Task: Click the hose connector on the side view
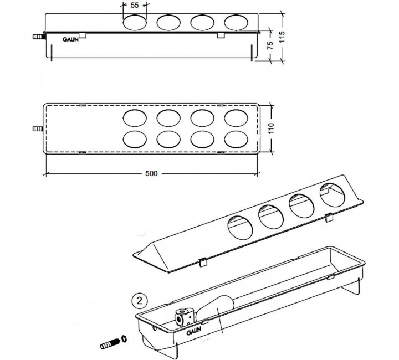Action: click(38, 38)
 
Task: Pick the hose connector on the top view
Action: click(38, 130)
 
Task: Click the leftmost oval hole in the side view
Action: click(135, 22)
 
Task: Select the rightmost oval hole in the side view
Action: click(237, 22)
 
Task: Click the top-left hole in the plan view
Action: click(135, 118)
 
